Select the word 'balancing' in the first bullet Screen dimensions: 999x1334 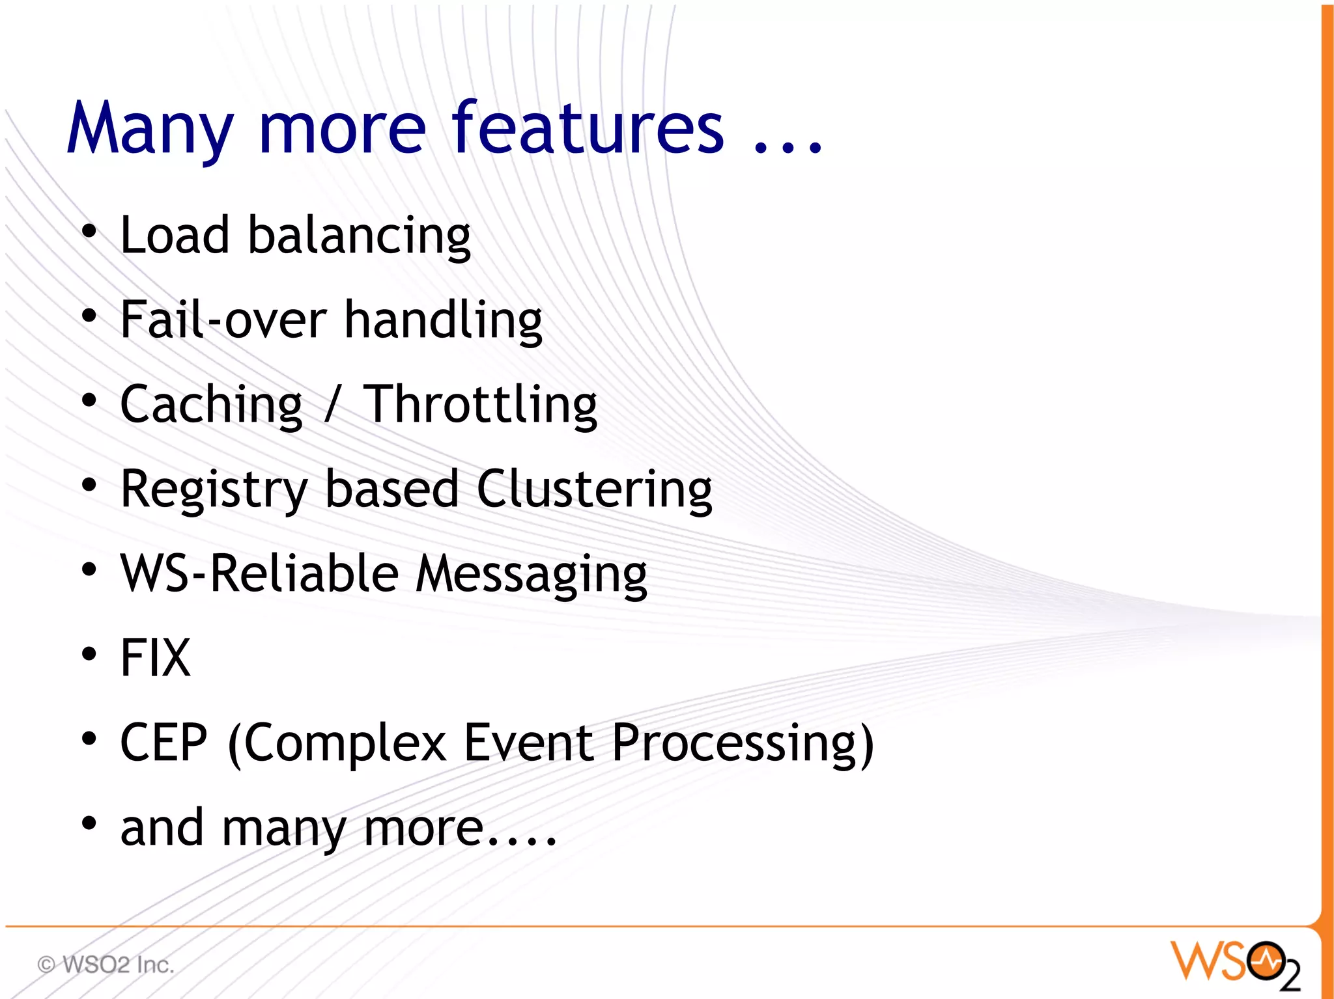[359, 236]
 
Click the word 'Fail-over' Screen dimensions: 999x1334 [223, 320]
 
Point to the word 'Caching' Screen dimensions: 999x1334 [212, 405]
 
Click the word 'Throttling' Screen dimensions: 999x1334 [480, 405]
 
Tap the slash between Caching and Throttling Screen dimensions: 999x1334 [333, 405]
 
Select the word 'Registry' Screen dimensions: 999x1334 [214, 490]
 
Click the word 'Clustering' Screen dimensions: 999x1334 [594, 490]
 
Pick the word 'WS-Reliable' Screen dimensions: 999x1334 [259, 574]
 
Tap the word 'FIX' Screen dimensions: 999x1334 [156, 658]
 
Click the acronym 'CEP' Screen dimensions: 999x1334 [164, 743]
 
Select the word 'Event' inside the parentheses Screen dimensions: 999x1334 [528, 743]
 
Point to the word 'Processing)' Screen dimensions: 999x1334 [743, 744]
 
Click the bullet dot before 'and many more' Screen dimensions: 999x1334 [89, 823]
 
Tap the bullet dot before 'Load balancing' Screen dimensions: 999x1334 [89, 231]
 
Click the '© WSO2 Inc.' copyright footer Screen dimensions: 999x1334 [106, 965]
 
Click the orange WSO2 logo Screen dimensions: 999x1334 [1235, 964]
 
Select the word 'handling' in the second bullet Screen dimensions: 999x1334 [443, 321]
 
